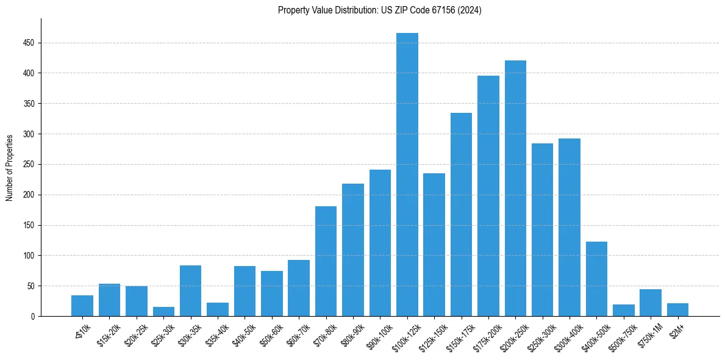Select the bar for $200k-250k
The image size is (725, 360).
[x=515, y=189]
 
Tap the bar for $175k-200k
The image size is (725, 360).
[x=488, y=196]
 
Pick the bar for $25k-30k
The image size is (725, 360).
[x=163, y=312]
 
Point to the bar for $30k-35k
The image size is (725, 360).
[x=190, y=290]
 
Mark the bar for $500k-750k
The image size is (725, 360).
[x=623, y=311]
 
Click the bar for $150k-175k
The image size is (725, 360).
[x=461, y=214]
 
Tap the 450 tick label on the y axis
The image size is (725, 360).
[x=29, y=43]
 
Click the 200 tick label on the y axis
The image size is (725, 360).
[x=29, y=195]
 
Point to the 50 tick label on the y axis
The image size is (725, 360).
[x=30, y=286]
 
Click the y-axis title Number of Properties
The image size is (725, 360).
[x=9, y=167]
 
